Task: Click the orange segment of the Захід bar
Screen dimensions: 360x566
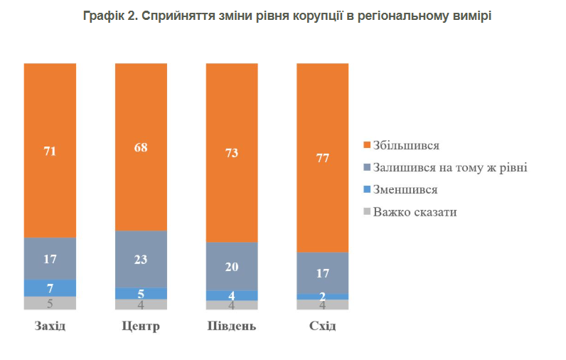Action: coord(50,150)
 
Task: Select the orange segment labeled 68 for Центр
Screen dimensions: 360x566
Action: coord(141,147)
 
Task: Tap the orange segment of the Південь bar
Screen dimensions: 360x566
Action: coord(232,152)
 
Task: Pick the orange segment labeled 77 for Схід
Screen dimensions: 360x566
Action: coord(323,158)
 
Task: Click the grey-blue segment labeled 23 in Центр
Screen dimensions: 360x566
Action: coord(141,259)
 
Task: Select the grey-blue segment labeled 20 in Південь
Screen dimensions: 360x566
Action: coord(232,267)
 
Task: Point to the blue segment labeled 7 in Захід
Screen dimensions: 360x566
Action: coord(50,287)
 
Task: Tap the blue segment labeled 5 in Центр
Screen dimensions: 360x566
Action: coord(141,293)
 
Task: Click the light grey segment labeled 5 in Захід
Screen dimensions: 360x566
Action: coord(50,303)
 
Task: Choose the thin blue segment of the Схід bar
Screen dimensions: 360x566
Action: coord(323,296)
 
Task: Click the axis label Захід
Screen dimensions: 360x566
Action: coord(50,327)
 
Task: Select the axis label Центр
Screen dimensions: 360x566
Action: coord(141,327)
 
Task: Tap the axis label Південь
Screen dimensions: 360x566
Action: coord(232,327)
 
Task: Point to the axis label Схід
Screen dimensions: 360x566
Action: coord(323,327)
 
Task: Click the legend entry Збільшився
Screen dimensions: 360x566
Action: coord(406,145)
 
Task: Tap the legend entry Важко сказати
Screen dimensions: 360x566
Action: coord(415,212)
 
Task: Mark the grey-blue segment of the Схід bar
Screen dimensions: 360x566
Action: coord(323,272)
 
